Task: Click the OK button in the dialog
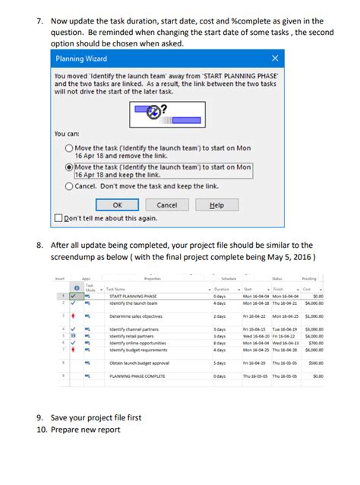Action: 117,204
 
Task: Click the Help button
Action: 216,204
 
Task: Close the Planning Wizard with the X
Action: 275,59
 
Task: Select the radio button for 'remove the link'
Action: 69,149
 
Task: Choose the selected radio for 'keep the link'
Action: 69,166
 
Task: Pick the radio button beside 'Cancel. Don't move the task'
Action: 69,185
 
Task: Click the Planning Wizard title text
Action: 81,59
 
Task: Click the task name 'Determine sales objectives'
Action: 134,315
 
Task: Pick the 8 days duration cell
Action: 219,343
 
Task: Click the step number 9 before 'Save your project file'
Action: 40,417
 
